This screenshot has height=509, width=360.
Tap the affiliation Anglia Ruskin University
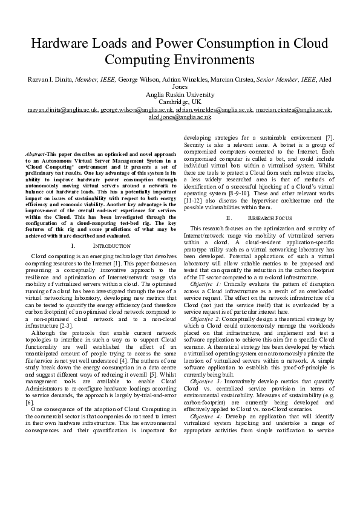(x=180, y=94)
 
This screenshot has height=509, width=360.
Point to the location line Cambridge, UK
(x=180, y=102)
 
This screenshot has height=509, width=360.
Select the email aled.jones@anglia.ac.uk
(x=180, y=118)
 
